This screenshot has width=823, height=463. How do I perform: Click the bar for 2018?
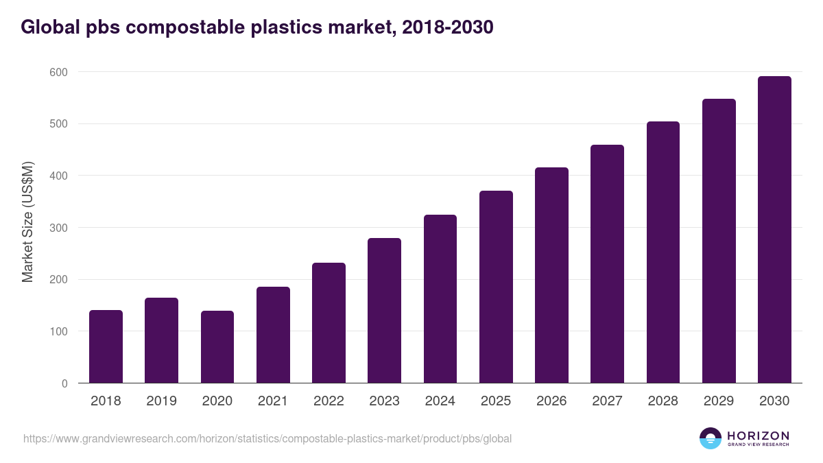106,346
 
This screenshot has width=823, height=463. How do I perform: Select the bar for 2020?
217,347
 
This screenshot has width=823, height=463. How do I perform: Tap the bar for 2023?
384,311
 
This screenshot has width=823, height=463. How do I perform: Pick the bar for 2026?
551,275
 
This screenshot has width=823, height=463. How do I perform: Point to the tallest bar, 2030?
774,230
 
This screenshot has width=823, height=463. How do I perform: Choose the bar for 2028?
663,252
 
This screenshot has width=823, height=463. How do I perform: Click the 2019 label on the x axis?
161,401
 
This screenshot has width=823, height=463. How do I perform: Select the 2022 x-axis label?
329,401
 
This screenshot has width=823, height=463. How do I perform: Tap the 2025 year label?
496,401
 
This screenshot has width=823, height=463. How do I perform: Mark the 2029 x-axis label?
719,401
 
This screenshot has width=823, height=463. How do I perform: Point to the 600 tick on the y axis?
58,72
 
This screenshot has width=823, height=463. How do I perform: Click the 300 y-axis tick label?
58,228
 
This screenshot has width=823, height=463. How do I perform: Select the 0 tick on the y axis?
64,383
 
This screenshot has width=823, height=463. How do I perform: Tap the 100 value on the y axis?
58,331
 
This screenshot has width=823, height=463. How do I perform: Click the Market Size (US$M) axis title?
27,222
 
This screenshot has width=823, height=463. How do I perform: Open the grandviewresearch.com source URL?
267,438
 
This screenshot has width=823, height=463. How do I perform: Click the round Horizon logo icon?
711,438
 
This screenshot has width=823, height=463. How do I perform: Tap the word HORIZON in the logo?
758,435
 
